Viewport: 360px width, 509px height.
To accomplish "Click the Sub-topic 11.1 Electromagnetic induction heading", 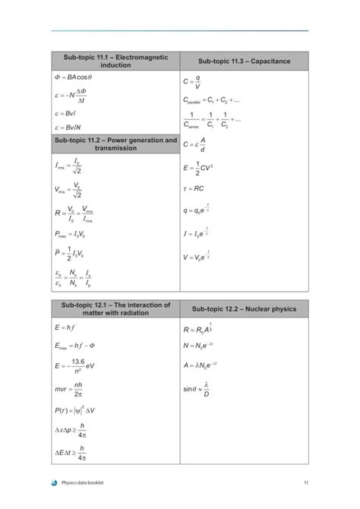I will click(x=115, y=61).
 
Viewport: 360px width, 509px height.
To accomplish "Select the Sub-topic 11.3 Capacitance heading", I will click(x=244, y=61).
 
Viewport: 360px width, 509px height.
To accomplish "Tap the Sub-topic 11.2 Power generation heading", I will click(x=115, y=144).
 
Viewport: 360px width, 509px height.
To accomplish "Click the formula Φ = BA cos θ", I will click(x=73, y=77).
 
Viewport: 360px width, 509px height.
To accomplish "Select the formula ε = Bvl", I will click(x=67, y=114).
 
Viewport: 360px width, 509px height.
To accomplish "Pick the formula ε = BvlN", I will click(x=69, y=128).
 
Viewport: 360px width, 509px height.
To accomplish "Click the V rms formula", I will click(x=69, y=190).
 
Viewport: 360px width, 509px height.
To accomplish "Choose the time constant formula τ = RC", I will click(x=194, y=188).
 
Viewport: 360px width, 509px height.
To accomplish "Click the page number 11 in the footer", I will click(x=305, y=482).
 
